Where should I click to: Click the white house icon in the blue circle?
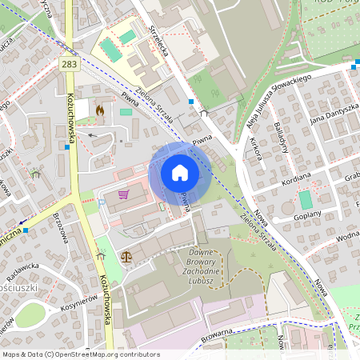[180, 173]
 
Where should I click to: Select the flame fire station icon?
[100, 110]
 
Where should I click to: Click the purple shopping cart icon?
[123, 194]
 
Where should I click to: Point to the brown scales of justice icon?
[126, 257]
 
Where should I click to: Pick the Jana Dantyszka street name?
[334, 114]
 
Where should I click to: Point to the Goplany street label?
[307, 214]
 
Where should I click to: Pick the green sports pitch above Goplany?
[305, 199]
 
